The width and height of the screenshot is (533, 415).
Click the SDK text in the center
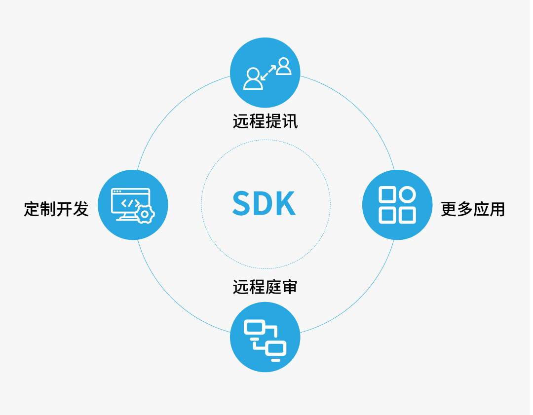[x=264, y=203]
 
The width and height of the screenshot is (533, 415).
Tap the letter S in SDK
[x=242, y=203]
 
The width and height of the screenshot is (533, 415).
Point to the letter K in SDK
[x=286, y=203]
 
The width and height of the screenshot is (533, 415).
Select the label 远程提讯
[x=266, y=121]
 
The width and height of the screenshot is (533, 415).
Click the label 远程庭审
[x=266, y=287]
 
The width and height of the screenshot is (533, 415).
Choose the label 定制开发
[x=56, y=209]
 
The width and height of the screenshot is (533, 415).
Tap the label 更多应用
[x=473, y=209]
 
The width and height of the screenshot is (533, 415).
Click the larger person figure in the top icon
[x=253, y=79]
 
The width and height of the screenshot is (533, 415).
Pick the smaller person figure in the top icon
[x=283, y=67]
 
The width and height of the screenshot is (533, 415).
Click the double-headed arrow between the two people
[x=268, y=73]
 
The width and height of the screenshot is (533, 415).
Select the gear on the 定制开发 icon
[x=145, y=214]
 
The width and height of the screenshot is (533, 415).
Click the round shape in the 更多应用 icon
[x=407, y=195]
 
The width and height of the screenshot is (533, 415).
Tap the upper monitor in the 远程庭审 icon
[x=255, y=327]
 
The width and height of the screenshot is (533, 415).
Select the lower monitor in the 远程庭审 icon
[x=276, y=349]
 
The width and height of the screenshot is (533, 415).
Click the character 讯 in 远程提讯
[x=290, y=121]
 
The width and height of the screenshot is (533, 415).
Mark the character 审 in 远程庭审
[x=290, y=287]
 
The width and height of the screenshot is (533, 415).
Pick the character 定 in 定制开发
[x=32, y=209]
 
